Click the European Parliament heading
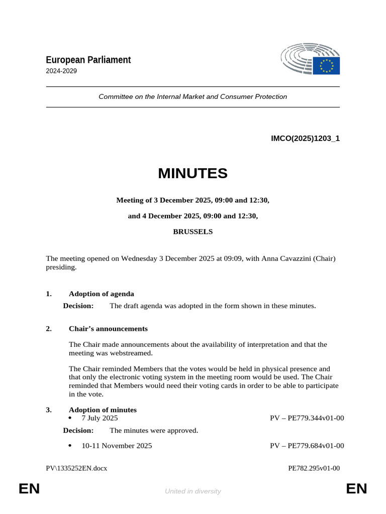[x=88, y=60]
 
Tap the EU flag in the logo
[x=326, y=66]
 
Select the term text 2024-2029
[x=61, y=71]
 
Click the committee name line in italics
[x=192, y=96]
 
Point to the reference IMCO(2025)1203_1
[x=305, y=139]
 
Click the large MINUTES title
[x=192, y=174]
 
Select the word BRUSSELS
[x=192, y=232]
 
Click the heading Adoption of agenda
[x=101, y=294]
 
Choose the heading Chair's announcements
[x=108, y=329]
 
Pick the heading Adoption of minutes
[x=103, y=410]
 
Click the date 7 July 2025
[x=100, y=418]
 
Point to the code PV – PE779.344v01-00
[x=307, y=418]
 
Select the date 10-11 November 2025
[x=117, y=446]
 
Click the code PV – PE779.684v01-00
[x=307, y=446]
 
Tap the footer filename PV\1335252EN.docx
[x=76, y=468]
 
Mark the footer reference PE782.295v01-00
[x=314, y=468]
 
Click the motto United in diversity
[x=192, y=491]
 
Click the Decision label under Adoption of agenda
[x=78, y=306]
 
